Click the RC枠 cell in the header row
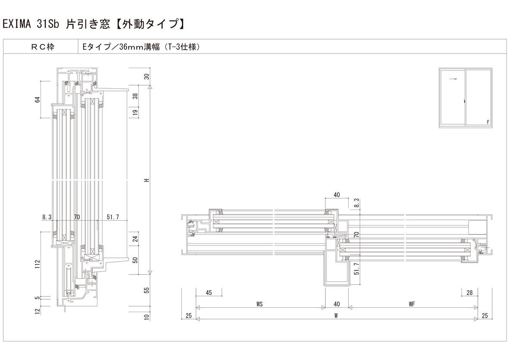[42, 47]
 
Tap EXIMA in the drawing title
[17, 24]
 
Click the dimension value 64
[37, 100]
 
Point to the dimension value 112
[37, 263]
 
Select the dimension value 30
[147, 77]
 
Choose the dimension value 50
[134, 260]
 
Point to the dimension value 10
[147, 317]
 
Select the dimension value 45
[209, 293]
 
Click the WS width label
[259, 304]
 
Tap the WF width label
[412, 304]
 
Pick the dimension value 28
[469, 293]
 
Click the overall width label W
[336, 315]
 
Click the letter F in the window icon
[488, 122]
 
